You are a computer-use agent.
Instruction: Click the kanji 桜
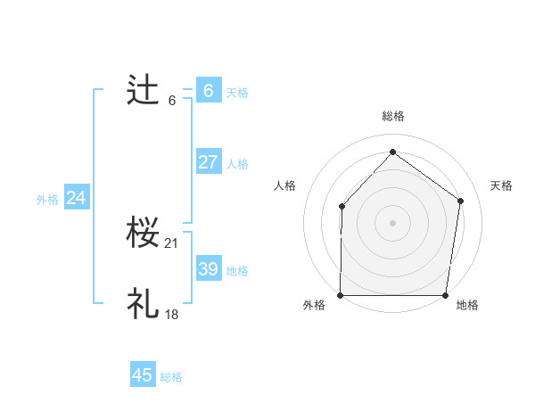(x=144, y=234)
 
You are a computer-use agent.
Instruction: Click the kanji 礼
(x=144, y=304)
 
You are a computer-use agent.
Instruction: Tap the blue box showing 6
(x=208, y=91)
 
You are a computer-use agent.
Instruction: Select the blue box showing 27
(x=208, y=162)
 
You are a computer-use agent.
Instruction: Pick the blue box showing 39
(x=208, y=269)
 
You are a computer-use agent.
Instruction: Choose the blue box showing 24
(x=77, y=198)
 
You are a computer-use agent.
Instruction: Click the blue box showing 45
(x=143, y=375)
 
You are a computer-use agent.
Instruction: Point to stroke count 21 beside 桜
(x=172, y=243)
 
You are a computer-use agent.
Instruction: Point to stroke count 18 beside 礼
(x=172, y=314)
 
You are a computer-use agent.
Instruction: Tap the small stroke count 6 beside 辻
(x=172, y=100)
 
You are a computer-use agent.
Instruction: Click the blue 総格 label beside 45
(x=171, y=377)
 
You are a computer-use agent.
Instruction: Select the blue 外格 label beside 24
(x=47, y=200)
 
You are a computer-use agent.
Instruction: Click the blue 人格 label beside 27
(x=237, y=164)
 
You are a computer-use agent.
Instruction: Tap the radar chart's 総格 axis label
(x=392, y=116)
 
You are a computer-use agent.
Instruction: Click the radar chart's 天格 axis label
(x=501, y=185)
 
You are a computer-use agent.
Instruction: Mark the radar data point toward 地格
(x=445, y=295)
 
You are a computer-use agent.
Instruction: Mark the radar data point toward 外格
(x=341, y=295)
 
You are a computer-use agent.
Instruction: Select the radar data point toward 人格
(x=342, y=207)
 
